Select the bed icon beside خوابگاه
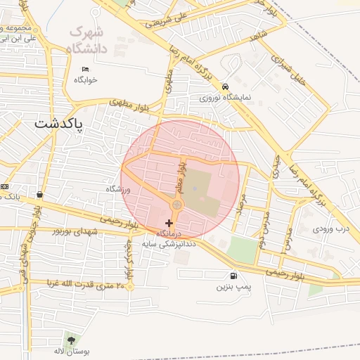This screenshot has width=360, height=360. coord(85,69)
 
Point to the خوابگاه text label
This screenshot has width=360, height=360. coord(85,79)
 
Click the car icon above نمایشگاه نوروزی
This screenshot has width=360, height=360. coord(224,86)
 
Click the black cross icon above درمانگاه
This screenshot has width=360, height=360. coord(168,222)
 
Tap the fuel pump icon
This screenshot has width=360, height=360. coord(233,276)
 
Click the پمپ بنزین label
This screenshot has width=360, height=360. coord(233,287)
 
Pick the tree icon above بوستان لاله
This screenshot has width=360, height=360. coord(70,340)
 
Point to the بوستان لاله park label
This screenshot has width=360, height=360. coord(70,351)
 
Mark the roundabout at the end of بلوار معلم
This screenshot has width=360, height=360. coord(176,205)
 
